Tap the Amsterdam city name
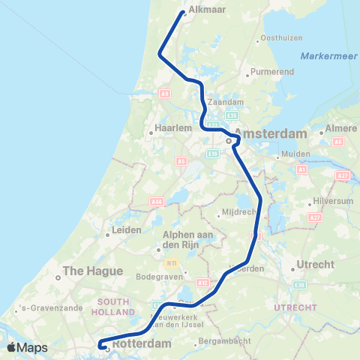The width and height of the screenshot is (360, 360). click(x=271, y=133)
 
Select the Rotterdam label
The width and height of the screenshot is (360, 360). click(x=142, y=343)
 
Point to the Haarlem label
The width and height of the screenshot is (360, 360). click(x=168, y=128)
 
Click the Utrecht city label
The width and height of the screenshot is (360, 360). click(x=315, y=265)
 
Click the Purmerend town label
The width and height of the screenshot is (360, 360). click(x=269, y=73)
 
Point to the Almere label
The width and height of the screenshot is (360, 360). click(x=341, y=129)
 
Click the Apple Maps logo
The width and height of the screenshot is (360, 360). click(x=28, y=347)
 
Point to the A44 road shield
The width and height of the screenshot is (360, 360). click(x=156, y=201)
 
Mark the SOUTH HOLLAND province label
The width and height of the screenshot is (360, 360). click(x=115, y=306)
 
